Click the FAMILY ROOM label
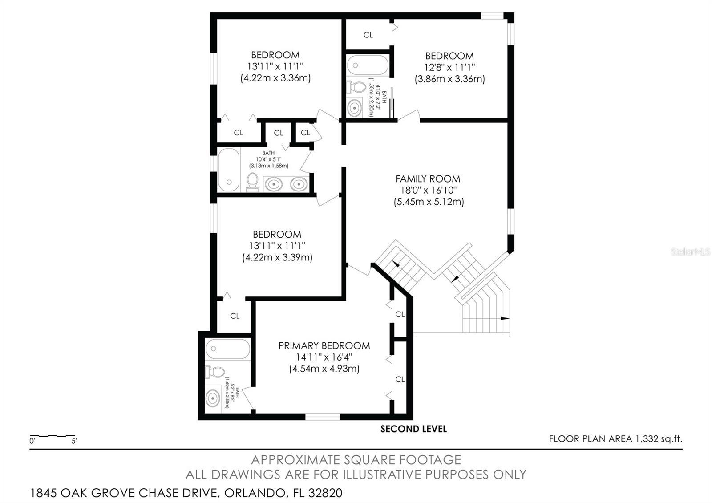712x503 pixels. (x=428, y=179)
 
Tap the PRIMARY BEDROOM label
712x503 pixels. (x=324, y=346)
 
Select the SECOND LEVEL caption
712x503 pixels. (x=413, y=429)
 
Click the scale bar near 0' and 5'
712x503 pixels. (x=53, y=436)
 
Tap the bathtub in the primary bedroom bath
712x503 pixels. (x=228, y=349)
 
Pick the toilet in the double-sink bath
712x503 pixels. (x=253, y=182)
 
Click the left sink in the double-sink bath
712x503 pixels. (x=274, y=184)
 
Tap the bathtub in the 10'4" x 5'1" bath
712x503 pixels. (x=229, y=170)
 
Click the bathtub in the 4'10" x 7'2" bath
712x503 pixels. (x=368, y=65)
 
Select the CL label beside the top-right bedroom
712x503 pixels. (x=368, y=35)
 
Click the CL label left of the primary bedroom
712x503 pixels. (x=235, y=316)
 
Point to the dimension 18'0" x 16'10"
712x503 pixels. (x=429, y=190)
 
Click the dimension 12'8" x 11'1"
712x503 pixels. (x=449, y=67)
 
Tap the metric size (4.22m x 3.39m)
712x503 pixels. (x=277, y=257)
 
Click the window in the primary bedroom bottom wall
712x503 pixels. (x=323, y=417)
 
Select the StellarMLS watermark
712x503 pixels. (x=690, y=252)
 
